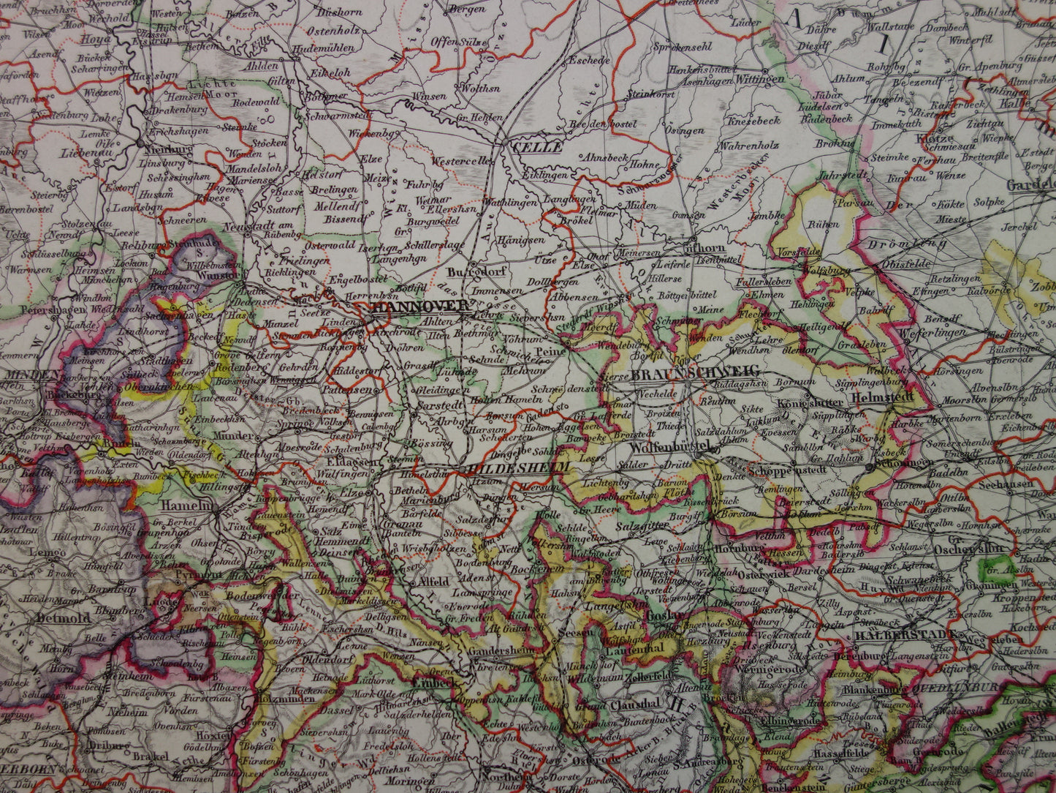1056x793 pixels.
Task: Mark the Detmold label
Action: coord(64,617)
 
